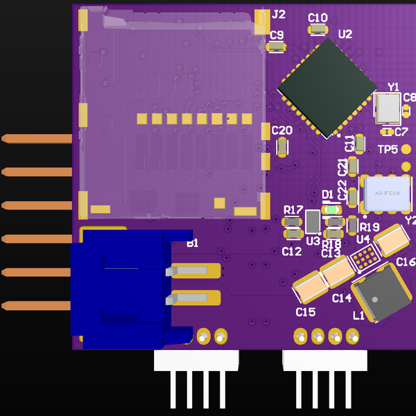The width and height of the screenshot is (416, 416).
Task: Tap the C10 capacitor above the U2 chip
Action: click(318, 28)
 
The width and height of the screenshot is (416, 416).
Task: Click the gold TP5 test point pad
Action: click(406, 149)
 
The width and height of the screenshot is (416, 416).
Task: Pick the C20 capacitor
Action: click(282, 146)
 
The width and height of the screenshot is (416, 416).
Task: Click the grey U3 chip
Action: click(313, 223)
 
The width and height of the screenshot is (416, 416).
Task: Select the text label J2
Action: click(279, 15)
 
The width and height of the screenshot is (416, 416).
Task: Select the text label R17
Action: click(293, 209)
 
